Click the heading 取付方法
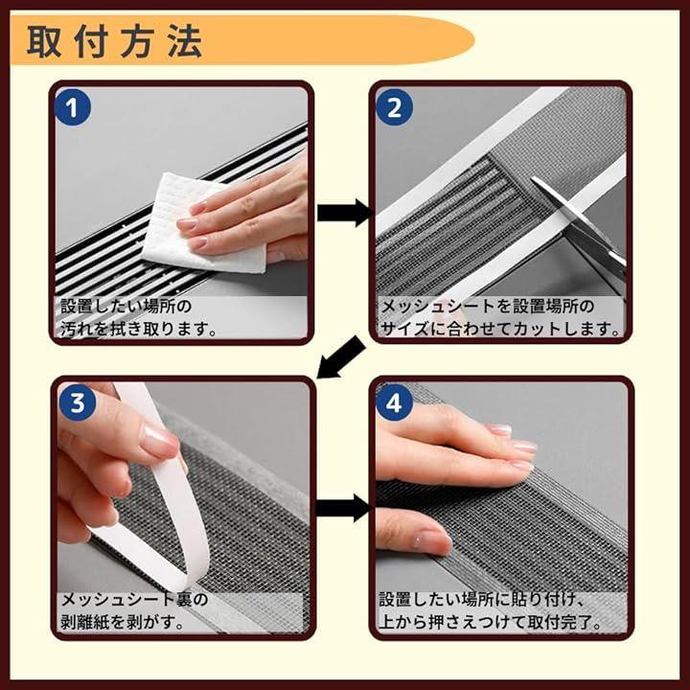pyautogui.click(x=115, y=42)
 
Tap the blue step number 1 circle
pyautogui.click(x=73, y=107)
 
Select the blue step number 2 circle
pyautogui.click(x=394, y=107)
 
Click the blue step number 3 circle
pyautogui.click(x=78, y=402)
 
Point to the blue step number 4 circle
pyautogui.click(x=394, y=402)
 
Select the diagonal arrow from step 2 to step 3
pyautogui.click(x=340, y=357)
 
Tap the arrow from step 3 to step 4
pyautogui.click(x=344, y=508)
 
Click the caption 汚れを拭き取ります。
pyautogui.click(x=138, y=329)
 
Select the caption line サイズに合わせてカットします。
pyautogui.click(x=500, y=329)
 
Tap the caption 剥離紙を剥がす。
pyautogui.click(x=122, y=622)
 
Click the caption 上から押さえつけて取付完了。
pyautogui.click(x=491, y=622)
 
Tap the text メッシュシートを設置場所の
pyautogui.click(x=487, y=306)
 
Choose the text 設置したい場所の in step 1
pyautogui.click(x=126, y=306)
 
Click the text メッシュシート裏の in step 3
pyautogui.click(x=134, y=599)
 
